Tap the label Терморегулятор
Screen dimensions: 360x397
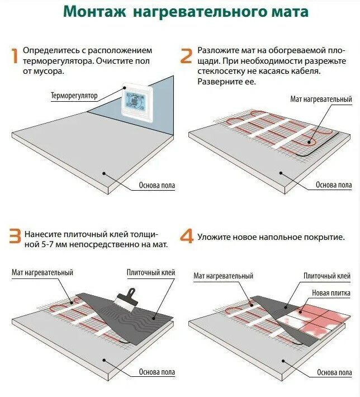74,96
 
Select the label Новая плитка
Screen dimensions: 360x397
331,293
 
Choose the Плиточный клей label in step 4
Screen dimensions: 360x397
327,276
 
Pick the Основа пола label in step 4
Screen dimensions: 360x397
334,372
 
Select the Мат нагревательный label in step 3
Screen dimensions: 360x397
42,272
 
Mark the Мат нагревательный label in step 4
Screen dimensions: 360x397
223,276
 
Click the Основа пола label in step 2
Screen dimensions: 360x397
334,185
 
